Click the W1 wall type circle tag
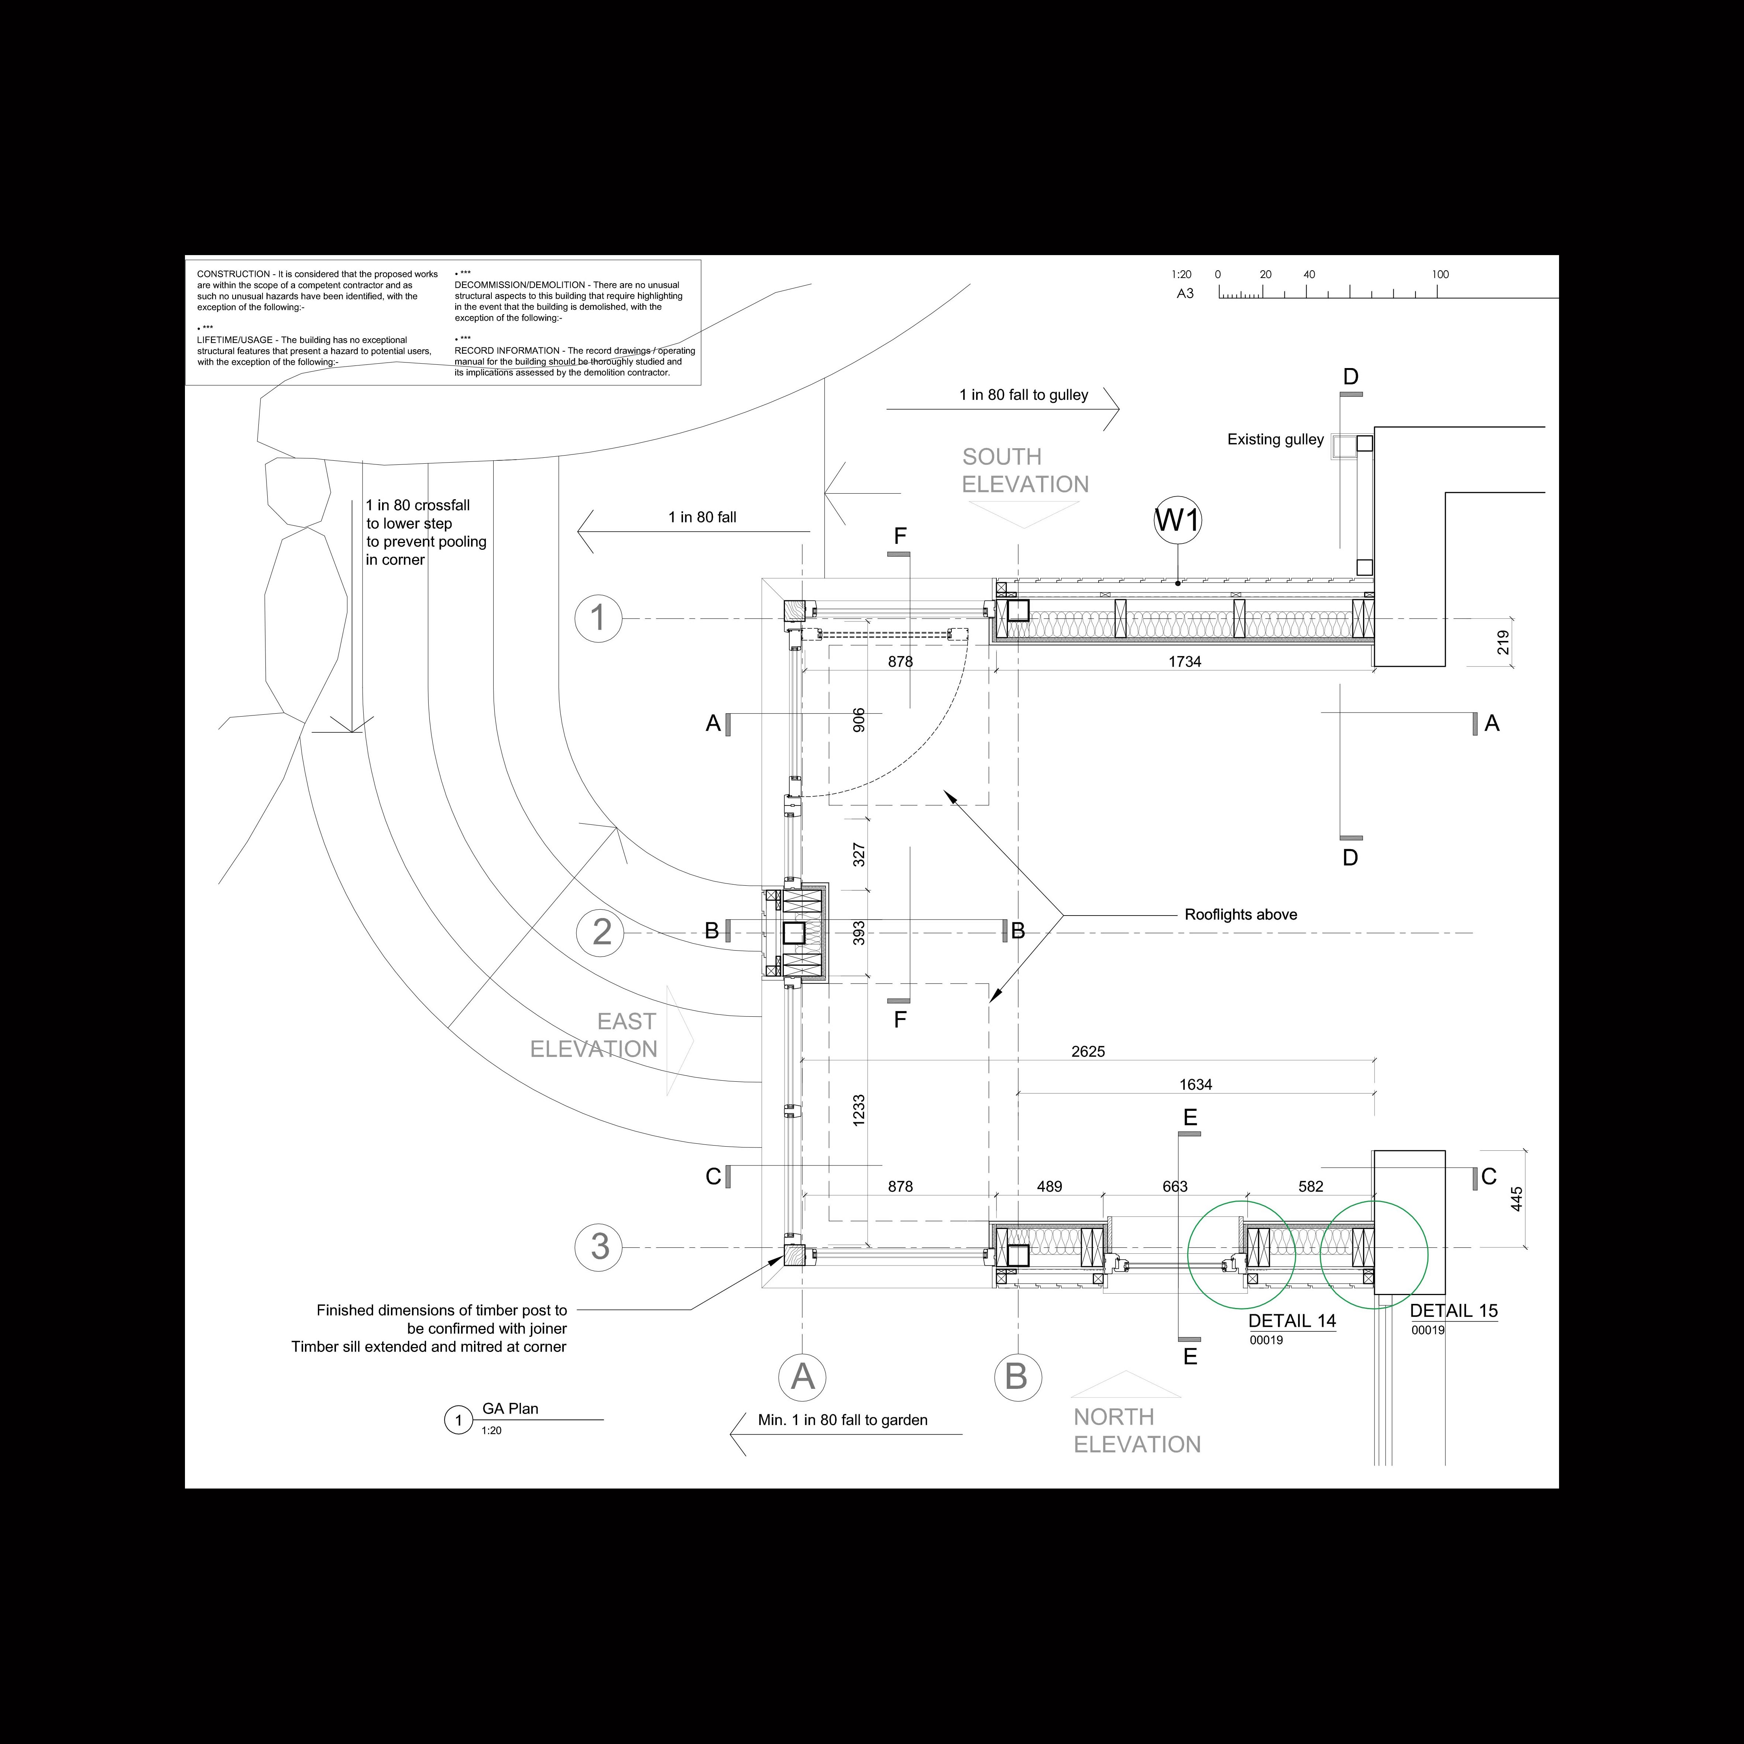[x=1178, y=521]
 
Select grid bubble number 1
[x=598, y=618]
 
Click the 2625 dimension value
[x=1088, y=1052]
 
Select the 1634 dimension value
[x=1195, y=1085]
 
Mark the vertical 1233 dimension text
[x=858, y=1109]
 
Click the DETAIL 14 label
[x=1292, y=1321]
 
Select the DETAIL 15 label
[x=1453, y=1311]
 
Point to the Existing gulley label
[x=1276, y=440]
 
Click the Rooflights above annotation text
[x=1240, y=914]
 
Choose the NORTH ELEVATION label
[x=1136, y=1431]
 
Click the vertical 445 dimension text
[x=1517, y=1199]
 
